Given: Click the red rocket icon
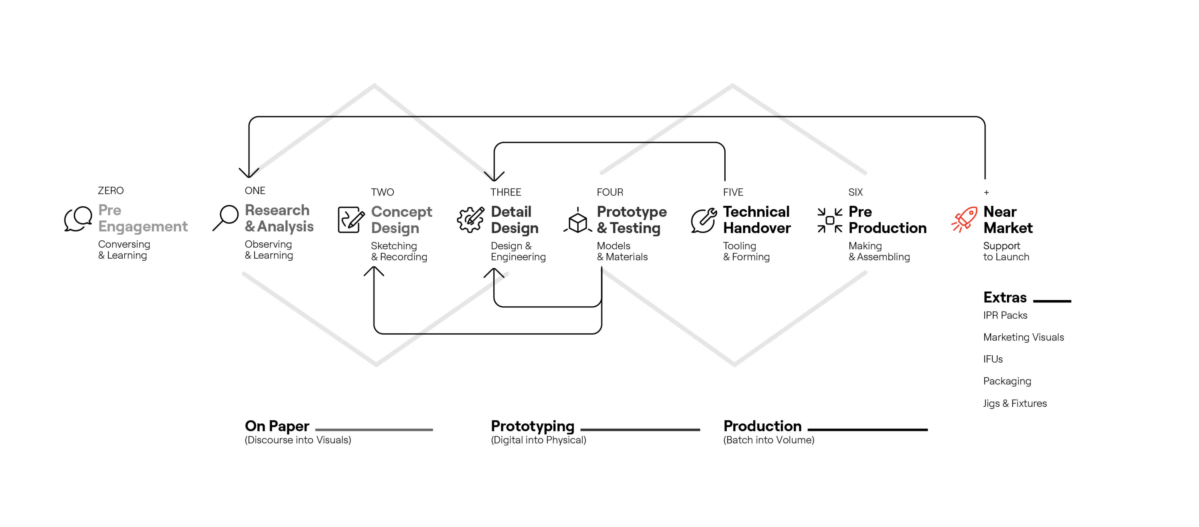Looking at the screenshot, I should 964,220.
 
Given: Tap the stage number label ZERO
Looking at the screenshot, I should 111,190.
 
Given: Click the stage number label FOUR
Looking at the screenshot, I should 610,192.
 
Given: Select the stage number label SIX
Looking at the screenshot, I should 855,192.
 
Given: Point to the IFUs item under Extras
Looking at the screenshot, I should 993,359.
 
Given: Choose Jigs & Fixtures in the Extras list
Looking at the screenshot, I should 1015,403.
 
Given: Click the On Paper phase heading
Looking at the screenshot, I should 277,426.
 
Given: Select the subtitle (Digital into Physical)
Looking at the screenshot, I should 539,440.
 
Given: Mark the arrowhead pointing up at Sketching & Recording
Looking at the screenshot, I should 374,270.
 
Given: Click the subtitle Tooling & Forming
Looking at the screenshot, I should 746,251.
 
